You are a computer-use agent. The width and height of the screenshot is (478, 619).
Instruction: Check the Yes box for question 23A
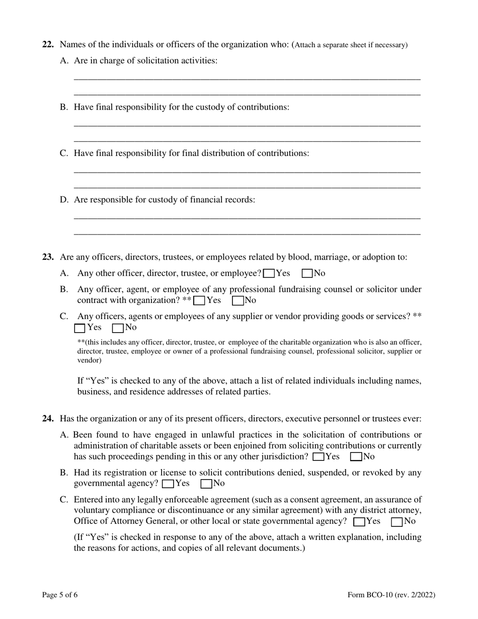point(269,274)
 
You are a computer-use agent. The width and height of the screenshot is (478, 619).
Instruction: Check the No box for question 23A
point(307,274)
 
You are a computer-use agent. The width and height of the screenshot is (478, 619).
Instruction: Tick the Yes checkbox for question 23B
point(199,301)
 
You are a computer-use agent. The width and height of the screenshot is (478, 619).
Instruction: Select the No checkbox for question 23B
point(238,301)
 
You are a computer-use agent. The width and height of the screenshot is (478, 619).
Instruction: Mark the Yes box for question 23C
point(79,328)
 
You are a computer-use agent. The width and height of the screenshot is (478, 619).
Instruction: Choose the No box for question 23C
point(118,328)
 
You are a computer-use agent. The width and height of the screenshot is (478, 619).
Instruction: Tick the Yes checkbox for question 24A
point(318,457)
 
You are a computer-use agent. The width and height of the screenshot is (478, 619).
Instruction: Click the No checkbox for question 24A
point(356,457)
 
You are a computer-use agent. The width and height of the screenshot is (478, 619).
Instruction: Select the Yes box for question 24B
point(168,484)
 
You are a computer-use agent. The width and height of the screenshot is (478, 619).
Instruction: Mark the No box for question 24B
point(206,484)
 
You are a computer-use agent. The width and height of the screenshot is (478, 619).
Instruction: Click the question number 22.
point(48,45)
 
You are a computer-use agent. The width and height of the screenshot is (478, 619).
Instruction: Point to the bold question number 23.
point(48,257)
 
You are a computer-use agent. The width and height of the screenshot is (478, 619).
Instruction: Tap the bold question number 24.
point(48,419)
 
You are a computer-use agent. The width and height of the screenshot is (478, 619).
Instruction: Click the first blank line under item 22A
point(247,79)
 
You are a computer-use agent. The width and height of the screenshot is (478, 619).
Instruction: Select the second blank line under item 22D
point(247,234)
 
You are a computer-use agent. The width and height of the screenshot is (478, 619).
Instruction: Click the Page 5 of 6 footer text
point(60,595)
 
